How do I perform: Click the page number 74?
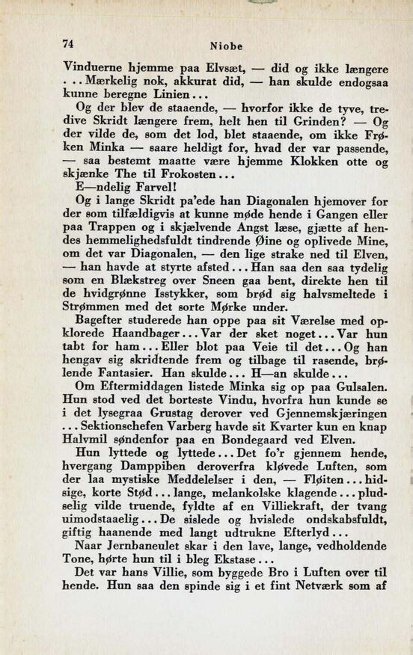72,43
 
